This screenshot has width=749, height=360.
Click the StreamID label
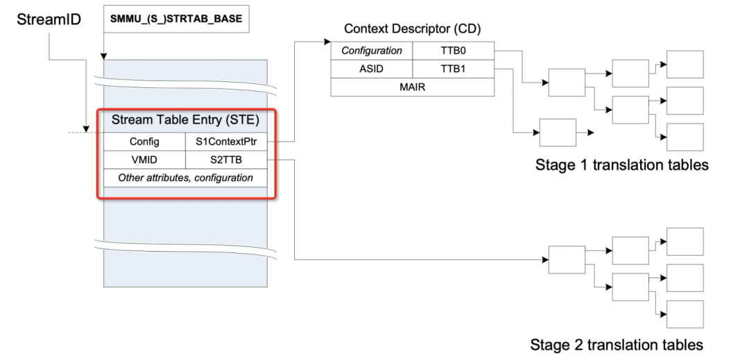click(49, 19)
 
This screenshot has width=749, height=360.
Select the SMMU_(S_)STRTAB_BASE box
click(175, 19)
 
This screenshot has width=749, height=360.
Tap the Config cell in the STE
click(144, 142)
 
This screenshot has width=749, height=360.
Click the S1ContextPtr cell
click(226, 142)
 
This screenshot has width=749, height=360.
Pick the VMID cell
click(144, 160)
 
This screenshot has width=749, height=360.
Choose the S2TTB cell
click(226, 160)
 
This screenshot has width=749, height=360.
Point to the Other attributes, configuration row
click(185, 178)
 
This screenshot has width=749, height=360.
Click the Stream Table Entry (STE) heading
click(185, 120)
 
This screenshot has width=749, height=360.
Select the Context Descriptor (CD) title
click(412, 28)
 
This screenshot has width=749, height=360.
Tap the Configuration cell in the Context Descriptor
click(372, 51)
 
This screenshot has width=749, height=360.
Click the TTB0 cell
click(454, 51)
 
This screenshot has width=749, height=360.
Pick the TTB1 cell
click(454, 69)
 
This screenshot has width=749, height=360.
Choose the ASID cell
click(372, 69)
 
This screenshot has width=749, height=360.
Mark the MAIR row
click(412, 87)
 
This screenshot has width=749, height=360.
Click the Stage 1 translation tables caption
click(621, 164)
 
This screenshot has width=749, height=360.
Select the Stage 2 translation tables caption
click(617, 344)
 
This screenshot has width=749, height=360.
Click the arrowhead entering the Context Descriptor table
click(327, 42)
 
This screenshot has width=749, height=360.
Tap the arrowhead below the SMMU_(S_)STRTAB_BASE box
click(103, 56)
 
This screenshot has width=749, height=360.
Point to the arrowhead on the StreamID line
click(86, 129)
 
